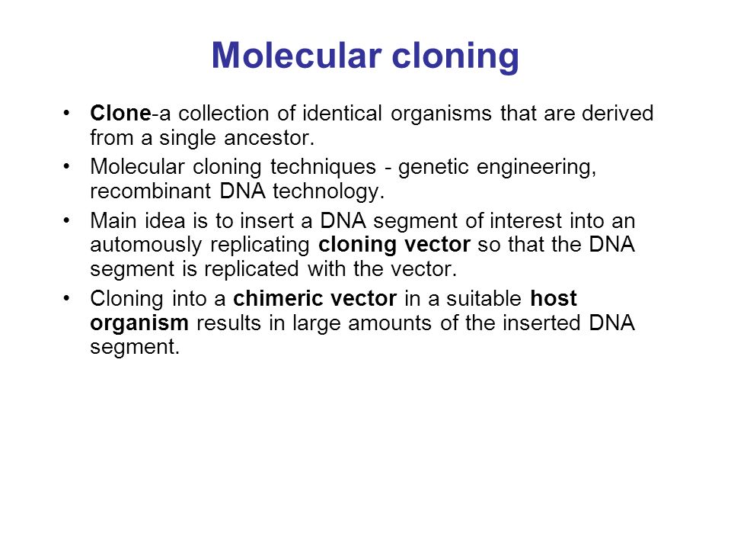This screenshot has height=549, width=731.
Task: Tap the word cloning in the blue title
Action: [455, 57]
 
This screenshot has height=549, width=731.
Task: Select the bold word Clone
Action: [120, 114]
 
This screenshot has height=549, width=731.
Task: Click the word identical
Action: [342, 114]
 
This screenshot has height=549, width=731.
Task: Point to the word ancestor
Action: [269, 138]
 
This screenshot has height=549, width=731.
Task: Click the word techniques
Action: [323, 168]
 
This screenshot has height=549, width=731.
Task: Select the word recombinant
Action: [151, 191]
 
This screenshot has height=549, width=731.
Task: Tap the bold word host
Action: [554, 298]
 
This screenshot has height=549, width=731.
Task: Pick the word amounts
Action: [390, 323]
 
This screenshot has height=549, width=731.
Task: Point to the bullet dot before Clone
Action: [67, 113]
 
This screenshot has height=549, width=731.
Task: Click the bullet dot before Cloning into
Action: [67, 298]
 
